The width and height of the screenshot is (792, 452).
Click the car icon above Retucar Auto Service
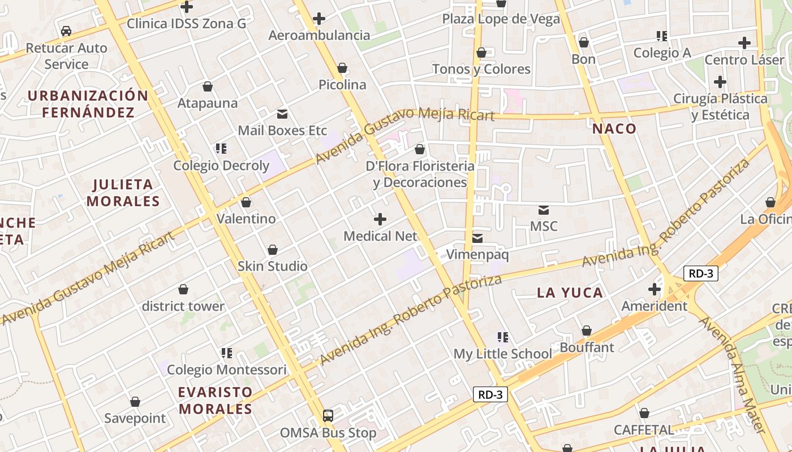coord(66,31)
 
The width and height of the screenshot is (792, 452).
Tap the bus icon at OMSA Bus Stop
coord(328,416)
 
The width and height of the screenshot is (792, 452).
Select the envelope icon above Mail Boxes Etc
coord(282,114)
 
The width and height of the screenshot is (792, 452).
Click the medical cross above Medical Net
coord(380,219)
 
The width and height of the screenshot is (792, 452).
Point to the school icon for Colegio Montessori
coord(227,354)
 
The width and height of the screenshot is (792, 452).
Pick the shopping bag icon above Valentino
coord(246,202)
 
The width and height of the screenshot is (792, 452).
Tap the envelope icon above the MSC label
coord(544,210)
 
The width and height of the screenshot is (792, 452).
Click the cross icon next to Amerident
coord(655,290)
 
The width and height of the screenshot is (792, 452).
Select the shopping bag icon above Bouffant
coord(587,331)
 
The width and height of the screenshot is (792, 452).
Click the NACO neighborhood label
coord(614,129)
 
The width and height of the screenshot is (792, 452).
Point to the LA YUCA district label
coord(570,293)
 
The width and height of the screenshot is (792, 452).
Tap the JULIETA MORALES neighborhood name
coord(123,193)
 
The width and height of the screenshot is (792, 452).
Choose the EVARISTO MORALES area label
coord(215,401)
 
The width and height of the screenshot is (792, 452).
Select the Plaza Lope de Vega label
coord(501,19)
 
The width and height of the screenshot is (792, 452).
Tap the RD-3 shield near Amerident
coord(700,274)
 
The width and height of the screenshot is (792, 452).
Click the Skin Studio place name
coord(273,266)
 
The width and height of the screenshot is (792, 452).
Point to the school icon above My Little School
coord(503,338)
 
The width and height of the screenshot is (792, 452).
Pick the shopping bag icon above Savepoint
coord(135,402)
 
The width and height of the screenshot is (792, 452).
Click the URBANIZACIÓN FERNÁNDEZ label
coord(88,103)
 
